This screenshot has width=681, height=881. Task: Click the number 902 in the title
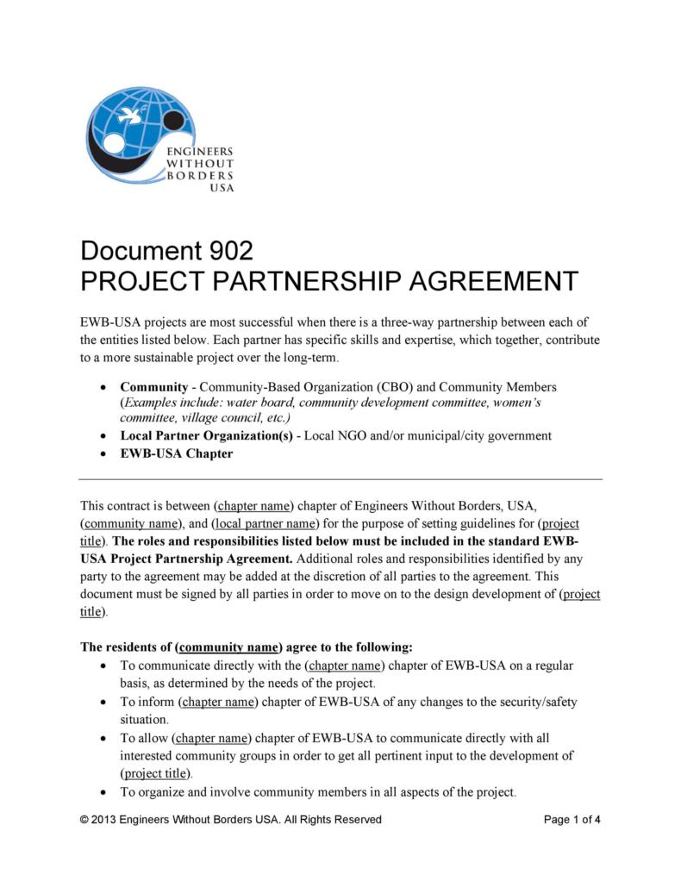231,251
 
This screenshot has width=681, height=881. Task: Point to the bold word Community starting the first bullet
153,387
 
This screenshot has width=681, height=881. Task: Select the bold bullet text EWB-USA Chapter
176,453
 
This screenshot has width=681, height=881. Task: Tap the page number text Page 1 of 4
572,819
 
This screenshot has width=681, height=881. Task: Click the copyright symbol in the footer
84,819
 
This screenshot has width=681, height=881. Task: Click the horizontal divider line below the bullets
340,478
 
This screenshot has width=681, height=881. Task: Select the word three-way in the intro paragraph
419,322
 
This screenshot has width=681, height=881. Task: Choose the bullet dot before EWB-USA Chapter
104,454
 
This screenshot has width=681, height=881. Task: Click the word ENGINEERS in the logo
200,151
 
